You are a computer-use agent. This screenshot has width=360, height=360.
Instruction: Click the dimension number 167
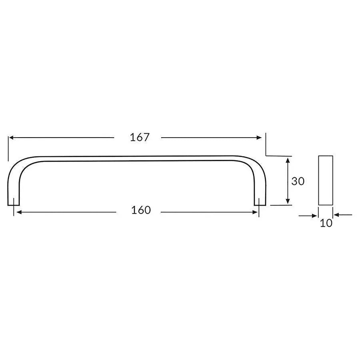click(140, 137)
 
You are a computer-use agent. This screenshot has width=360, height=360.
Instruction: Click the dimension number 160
click(141, 210)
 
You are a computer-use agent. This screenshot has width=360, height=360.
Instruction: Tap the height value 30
click(298, 181)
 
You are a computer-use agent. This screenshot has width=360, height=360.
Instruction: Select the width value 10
click(326, 223)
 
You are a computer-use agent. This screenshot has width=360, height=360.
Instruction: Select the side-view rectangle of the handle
click(326, 180)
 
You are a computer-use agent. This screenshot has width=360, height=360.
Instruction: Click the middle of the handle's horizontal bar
click(136, 158)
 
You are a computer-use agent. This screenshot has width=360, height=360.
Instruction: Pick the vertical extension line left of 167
click(8, 148)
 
